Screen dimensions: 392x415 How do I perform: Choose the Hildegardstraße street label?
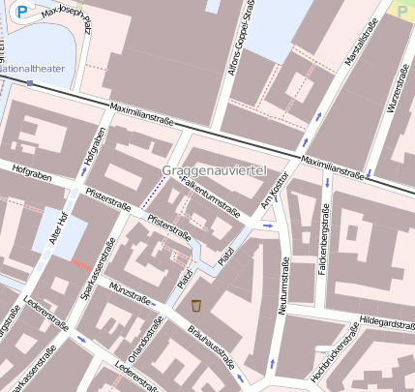click(385, 319)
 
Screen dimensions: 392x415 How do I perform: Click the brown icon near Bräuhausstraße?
click(196, 306)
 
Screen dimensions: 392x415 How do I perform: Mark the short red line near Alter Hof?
click(81, 263)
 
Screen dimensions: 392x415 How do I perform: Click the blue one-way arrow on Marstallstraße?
click(319, 116)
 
